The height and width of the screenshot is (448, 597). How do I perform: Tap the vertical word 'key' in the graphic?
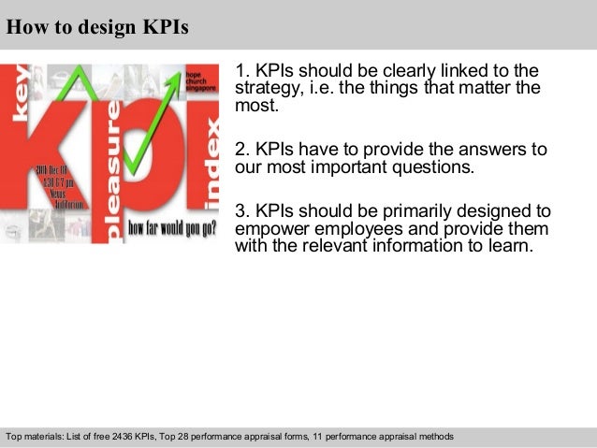(x=20, y=94)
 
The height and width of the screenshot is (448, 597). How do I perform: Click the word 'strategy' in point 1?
(x=264, y=89)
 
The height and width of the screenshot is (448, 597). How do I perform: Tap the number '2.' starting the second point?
(x=242, y=150)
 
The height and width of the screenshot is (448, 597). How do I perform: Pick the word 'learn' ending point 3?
(x=511, y=247)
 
